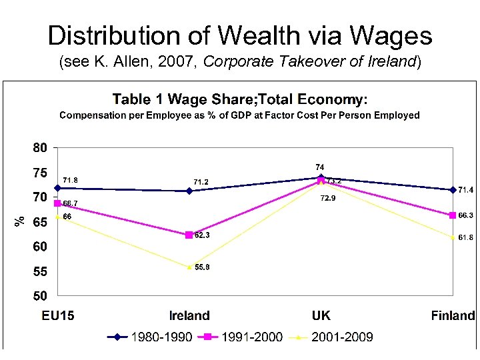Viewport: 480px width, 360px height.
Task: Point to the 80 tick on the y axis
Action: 41,148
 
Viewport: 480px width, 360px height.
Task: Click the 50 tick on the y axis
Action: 41,296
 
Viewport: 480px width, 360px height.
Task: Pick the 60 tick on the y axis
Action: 41,247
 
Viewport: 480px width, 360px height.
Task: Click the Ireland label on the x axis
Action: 189,315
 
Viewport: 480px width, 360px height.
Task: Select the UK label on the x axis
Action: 321,315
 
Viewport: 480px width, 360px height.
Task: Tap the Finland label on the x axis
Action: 453,315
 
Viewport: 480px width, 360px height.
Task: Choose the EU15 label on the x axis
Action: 58,315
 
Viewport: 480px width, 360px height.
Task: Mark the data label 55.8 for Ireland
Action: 203,267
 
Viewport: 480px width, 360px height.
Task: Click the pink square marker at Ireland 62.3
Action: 189,235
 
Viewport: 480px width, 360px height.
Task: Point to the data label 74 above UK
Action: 320,167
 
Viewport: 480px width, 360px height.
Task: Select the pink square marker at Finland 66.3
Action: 453,215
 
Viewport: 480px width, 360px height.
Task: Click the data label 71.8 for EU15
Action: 70,180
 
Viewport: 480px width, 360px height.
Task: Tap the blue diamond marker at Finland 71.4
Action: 453,190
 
